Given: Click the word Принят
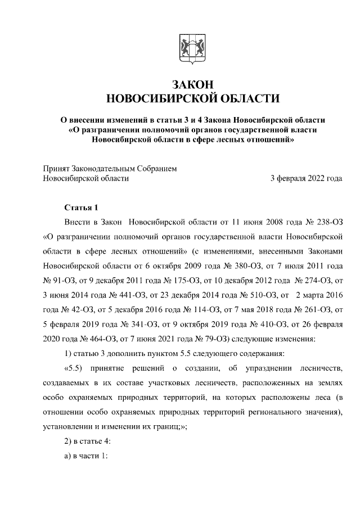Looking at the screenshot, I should (x=57, y=168).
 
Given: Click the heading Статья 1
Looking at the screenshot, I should (x=82, y=208).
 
